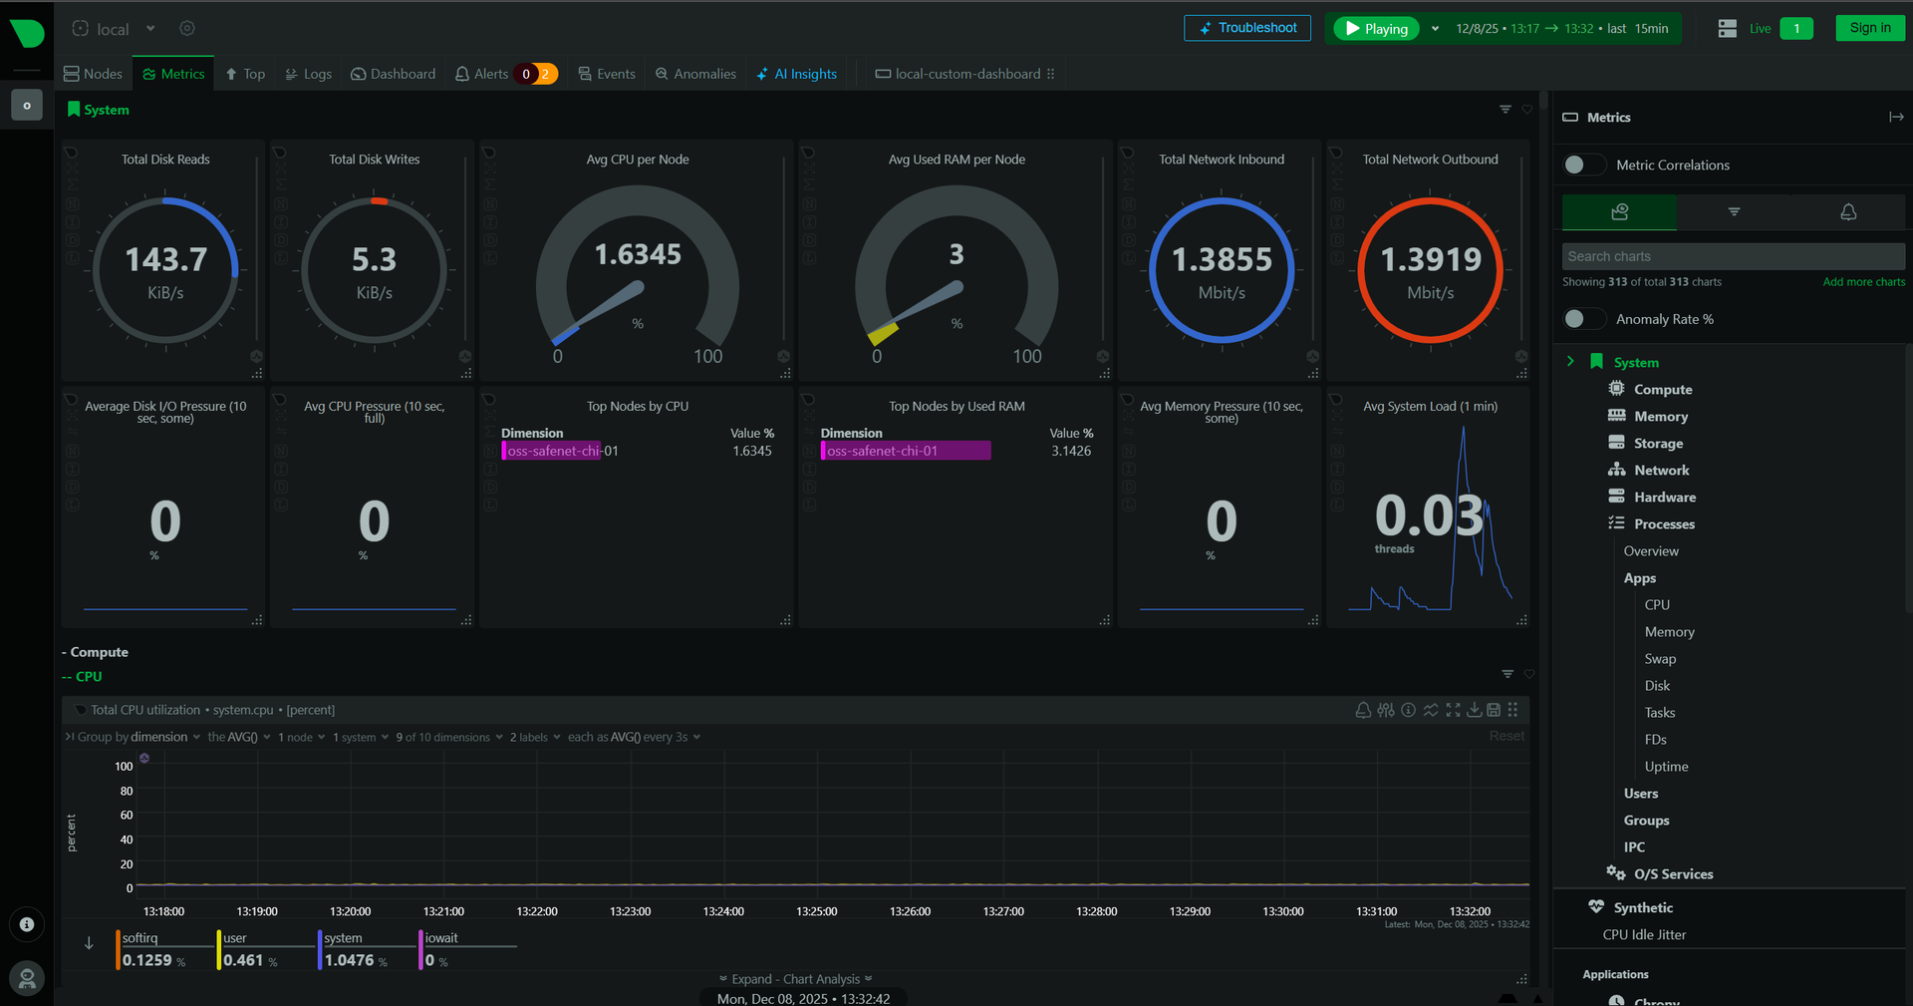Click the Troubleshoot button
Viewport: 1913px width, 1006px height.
point(1246,28)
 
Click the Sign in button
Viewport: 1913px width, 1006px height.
point(1869,28)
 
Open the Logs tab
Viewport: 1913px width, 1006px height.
point(309,74)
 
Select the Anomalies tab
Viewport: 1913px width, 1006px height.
point(695,74)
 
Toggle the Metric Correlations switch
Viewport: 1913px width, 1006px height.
point(1583,165)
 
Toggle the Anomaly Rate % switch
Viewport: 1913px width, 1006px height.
point(1583,319)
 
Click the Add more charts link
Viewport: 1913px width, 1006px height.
point(1863,282)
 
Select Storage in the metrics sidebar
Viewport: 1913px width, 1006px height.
point(1658,444)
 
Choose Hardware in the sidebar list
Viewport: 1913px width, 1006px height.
point(1664,498)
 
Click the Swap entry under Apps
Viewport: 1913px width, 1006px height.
point(1660,659)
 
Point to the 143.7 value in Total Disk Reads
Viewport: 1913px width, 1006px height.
point(165,260)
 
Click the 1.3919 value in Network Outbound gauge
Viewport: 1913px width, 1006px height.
point(1430,260)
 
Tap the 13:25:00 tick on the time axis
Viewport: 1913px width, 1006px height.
point(816,911)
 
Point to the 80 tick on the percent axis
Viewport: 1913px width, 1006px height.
point(127,792)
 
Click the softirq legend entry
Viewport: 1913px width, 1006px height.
point(140,938)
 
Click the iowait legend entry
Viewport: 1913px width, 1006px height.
point(441,938)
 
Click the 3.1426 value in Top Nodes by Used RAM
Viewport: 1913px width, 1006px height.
point(1071,452)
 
